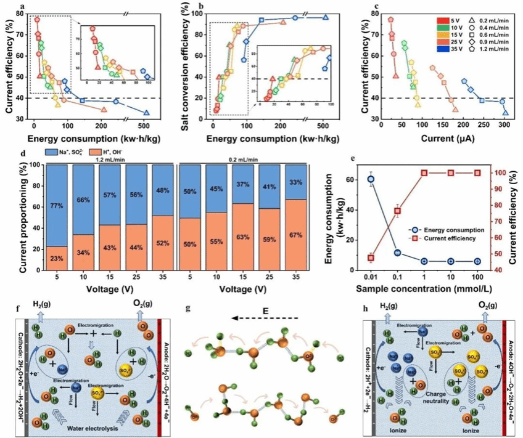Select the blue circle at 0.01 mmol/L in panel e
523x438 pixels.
371,179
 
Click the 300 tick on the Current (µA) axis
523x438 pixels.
504,127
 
